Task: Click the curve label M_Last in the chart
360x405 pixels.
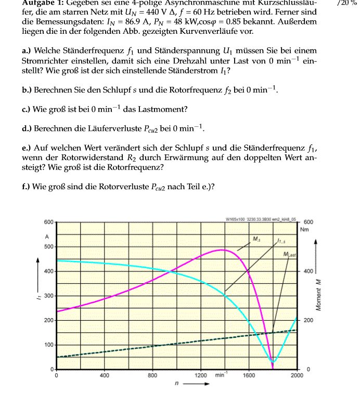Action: pyautogui.click(x=290, y=254)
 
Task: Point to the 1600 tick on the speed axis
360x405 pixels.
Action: pyautogui.click(x=249, y=375)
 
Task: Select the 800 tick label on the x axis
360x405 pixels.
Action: pyautogui.click(x=152, y=375)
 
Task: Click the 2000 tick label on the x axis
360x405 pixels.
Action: pyautogui.click(x=297, y=375)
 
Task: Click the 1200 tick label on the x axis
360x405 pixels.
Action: pyautogui.click(x=200, y=375)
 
